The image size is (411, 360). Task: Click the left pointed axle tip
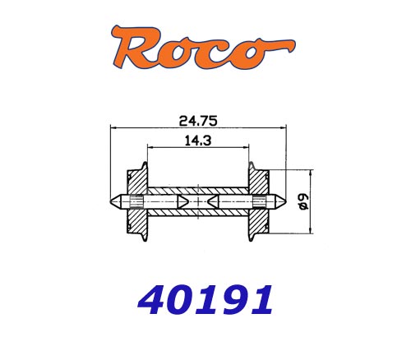pos(113,200)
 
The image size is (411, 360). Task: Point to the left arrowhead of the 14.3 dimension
pos(148,149)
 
